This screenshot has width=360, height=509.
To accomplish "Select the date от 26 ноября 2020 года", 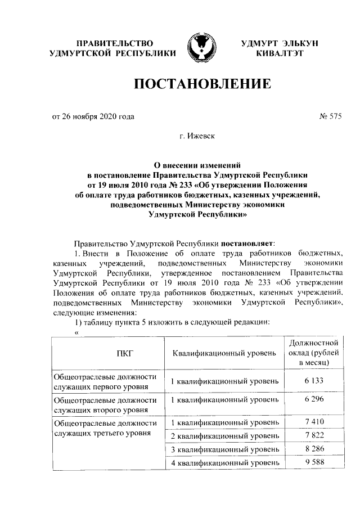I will pyautogui.click(x=93, y=117).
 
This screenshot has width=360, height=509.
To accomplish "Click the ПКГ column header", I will pyautogui.click(x=103, y=353).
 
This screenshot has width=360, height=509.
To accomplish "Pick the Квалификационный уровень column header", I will pyautogui.click(x=224, y=353).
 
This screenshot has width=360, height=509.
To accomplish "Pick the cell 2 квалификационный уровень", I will pyautogui.click(x=224, y=435).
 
